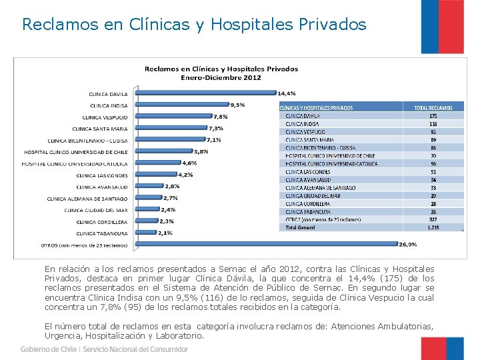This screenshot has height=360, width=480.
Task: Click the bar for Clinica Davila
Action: click(205, 93)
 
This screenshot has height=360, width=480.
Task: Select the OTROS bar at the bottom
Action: click(267, 245)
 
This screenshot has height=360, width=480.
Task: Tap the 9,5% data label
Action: click(237, 105)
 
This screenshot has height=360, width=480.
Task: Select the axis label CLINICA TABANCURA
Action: click(101, 233)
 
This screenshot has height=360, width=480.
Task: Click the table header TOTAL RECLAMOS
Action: click(433, 108)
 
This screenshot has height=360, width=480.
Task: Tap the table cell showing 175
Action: click(433, 115)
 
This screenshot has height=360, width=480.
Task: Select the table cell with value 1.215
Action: click(433, 227)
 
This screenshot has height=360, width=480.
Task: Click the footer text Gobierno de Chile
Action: click(48, 349)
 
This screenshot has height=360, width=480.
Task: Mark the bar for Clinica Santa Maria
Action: click(170, 128)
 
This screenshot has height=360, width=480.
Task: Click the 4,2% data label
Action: click(185, 175)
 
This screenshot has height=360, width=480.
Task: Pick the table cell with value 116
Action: click(433, 123)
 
